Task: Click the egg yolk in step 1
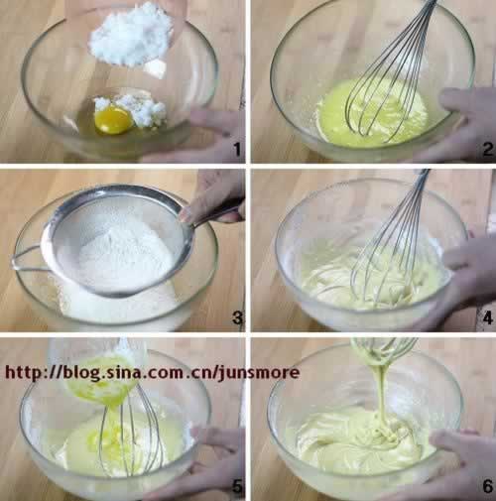[x=113, y=119]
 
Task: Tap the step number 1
[x=237, y=150]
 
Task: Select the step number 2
[x=487, y=149]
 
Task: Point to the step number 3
[x=237, y=317]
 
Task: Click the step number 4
[x=487, y=317]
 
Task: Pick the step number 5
[x=237, y=486]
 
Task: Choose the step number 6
[x=487, y=486]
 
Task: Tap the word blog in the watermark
[x=80, y=373]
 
